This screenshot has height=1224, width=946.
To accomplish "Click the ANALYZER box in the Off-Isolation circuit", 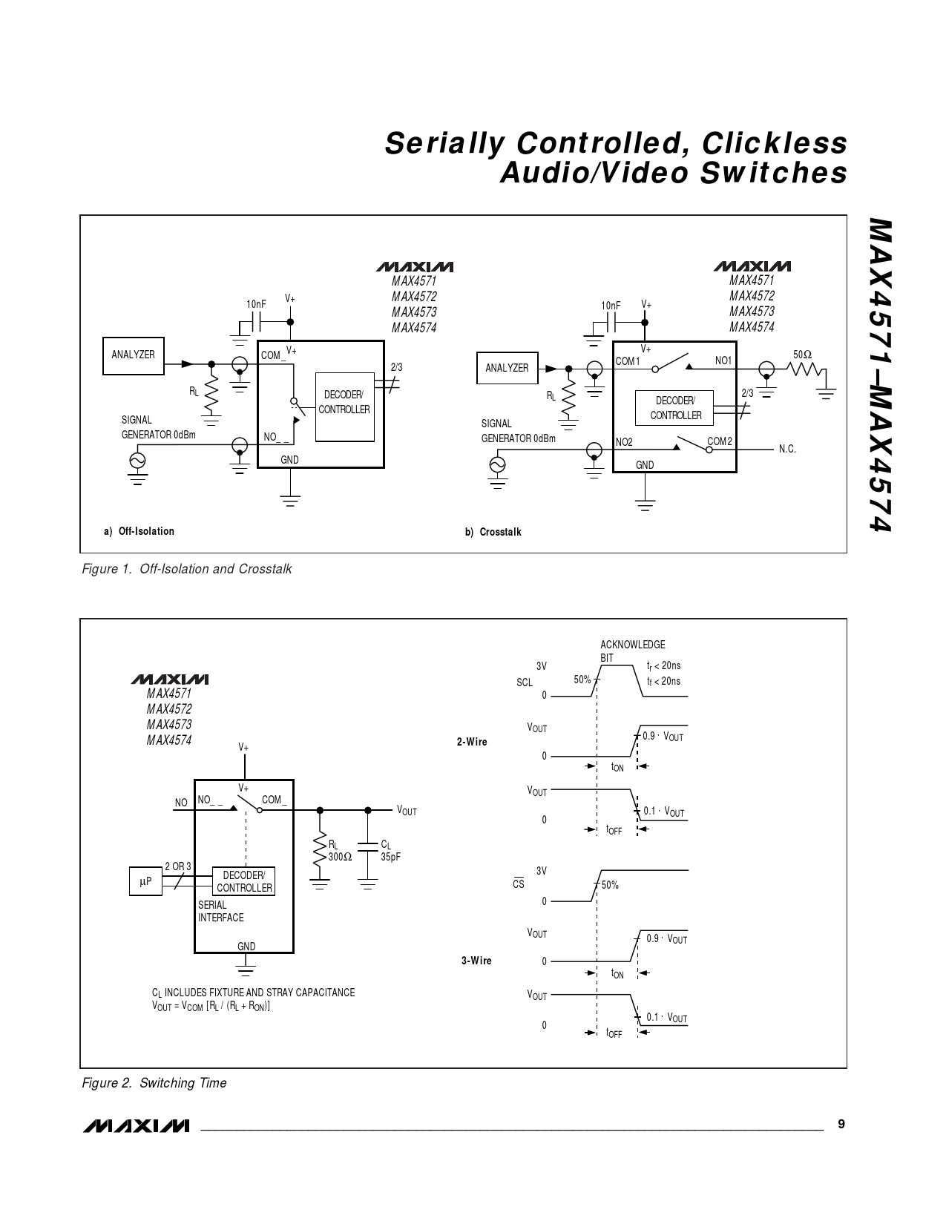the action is click(x=134, y=356).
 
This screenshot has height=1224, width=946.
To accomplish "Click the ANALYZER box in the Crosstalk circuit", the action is click(x=507, y=368).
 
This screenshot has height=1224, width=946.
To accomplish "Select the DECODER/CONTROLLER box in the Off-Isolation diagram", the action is click(x=345, y=407).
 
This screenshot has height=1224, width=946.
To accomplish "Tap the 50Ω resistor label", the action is click(x=802, y=355).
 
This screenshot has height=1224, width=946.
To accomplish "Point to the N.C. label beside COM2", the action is click(x=787, y=449).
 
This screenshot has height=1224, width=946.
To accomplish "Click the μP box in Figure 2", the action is click(x=145, y=881).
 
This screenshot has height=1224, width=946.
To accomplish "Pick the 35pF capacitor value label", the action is click(x=390, y=857).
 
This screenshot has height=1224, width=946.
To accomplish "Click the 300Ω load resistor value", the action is click(x=340, y=857).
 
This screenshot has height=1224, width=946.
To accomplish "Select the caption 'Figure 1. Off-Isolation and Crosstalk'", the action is click(x=186, y=569).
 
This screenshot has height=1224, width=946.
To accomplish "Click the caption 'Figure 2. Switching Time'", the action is click(x=154, y=1082).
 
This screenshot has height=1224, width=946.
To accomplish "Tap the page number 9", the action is click(x=841, y=1124).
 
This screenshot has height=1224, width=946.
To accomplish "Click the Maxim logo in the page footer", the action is click(x=137, y=1125).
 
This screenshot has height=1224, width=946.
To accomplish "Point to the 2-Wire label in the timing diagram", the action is click(x=472, y=742).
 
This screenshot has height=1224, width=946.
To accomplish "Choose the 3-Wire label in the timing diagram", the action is click(x=476, y=961).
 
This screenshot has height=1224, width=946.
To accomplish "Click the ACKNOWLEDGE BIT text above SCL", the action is click(x=632, y=651).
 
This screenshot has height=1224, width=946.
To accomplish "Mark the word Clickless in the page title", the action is click(x=774, y=143).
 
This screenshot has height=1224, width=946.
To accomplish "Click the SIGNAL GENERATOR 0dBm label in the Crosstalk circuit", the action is click(x=518, y=431).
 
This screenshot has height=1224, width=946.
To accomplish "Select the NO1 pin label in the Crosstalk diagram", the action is click(x=723, y=361).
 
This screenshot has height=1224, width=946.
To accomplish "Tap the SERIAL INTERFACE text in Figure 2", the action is click(x=220, y=911).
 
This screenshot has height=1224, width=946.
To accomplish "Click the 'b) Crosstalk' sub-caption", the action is click(x=493, y=532).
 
